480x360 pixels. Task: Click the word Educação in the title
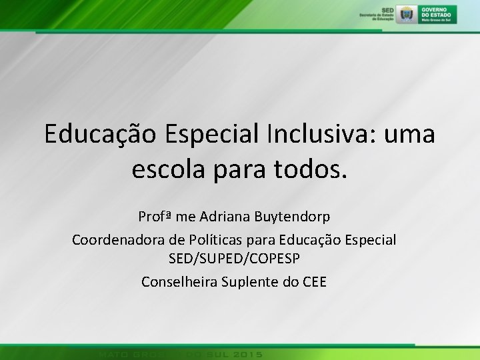(98, 134)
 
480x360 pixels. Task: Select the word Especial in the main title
(205, 134)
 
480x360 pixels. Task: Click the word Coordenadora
(117, 239)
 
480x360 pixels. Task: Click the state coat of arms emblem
(405, 14)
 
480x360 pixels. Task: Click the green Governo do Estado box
(438, 14)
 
